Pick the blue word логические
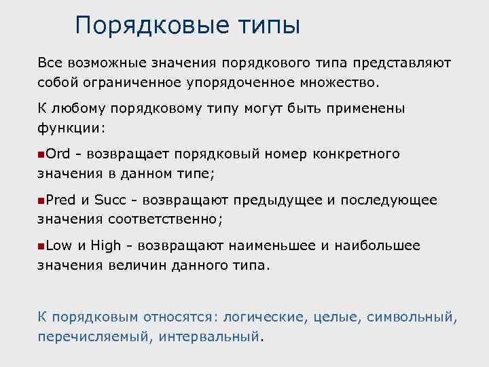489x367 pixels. point(266,317)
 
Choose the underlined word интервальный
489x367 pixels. point(210,336)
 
